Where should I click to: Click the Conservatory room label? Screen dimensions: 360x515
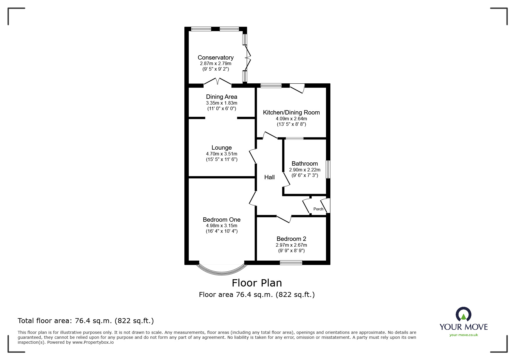(x=215, y=58)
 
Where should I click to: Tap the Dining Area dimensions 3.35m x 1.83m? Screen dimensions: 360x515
(x=222, y=103)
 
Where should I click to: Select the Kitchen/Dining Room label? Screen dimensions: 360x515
(x=291, y=112)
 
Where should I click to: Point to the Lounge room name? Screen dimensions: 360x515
(x=222, y=148)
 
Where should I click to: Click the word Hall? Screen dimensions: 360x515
(x=269, y=177)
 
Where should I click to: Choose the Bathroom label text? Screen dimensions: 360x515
(x=304, y=164)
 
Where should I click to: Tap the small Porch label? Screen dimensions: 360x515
(x=318, y=209)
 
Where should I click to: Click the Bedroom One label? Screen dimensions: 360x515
(x=222, y=220)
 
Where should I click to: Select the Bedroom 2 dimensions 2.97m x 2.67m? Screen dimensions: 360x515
(x=291, y=245)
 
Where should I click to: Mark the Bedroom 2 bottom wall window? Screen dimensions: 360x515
(x=291, y=263)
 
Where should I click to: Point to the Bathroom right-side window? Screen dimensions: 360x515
(x=328, y=169)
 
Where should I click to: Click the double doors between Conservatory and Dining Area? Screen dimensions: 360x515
(x=218, y=82)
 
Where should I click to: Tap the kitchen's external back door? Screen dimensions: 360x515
(x=297, y=88)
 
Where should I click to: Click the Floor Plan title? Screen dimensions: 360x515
(x=257, y=283)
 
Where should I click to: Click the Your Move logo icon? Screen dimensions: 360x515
(x=463, y=315)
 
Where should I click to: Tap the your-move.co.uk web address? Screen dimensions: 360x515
(x=464, y=335)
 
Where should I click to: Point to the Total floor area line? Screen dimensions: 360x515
(x=86, y=321)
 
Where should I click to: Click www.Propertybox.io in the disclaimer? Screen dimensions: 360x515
(x=93, y=342)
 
